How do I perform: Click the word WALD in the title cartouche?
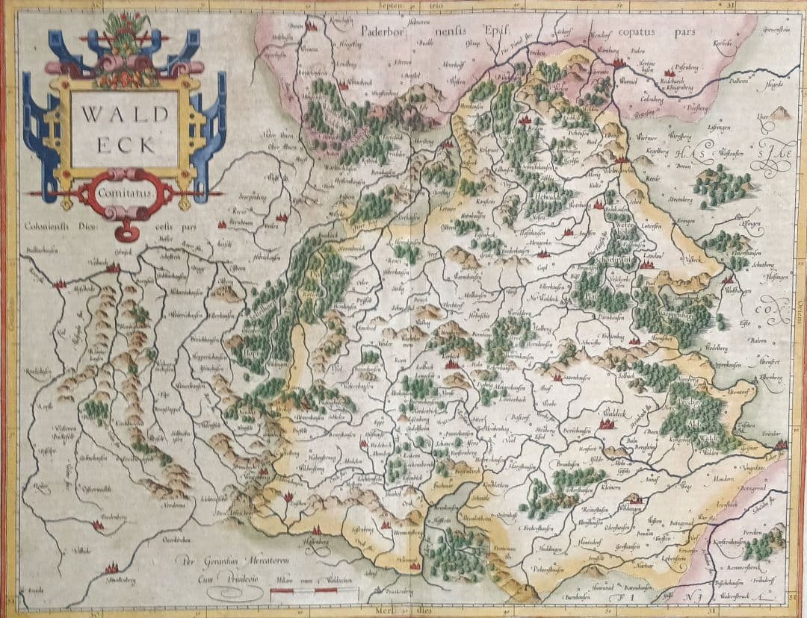pyautogui.click(x=123, y=116)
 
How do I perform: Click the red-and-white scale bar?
pyautogui.click(x=314, y=592)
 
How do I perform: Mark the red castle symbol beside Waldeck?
pyautogui.click(x=606, y=423)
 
